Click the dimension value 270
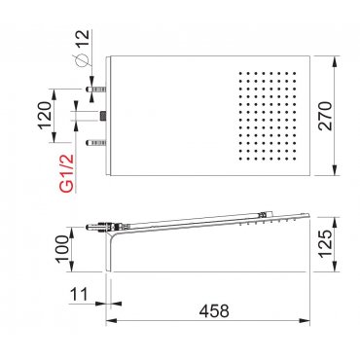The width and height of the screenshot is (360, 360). click(x=325, y=116)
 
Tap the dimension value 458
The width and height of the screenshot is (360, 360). click(x=214, y=311)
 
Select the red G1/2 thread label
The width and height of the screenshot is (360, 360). click(x=67, y=174)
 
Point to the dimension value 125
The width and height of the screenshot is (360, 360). click(x=326, y=244)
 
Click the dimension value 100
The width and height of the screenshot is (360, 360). click(x=62, y=249)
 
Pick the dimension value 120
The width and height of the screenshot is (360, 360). click(x=45, y=116)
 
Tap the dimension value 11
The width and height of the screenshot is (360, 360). click(x=79, y=295)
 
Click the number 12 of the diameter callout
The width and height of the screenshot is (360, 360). click(x=82, y=39)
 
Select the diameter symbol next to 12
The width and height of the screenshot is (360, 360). click(x=82, y=60)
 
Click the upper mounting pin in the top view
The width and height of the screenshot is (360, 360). click(x=96, y=89)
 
